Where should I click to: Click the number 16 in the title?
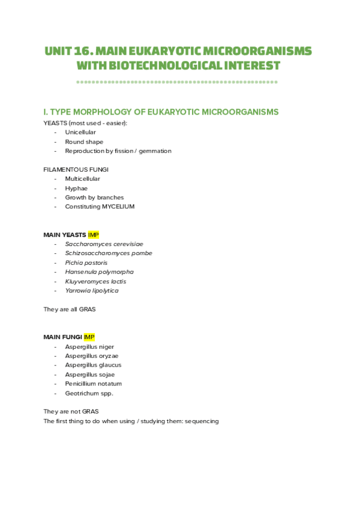(83, 51)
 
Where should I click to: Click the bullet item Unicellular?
(80, 132)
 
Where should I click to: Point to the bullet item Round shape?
(84, 142)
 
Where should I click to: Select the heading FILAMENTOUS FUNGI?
(76, 169)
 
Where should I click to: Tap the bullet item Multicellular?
(82, 179)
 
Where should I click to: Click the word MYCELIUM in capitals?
(118, 206)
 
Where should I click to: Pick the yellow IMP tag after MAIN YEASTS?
(93, 235)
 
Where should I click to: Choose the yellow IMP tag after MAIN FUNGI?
(89, 337)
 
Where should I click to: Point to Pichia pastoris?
(86, 262)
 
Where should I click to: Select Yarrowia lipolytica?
(92, 291)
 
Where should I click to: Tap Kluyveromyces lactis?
(95, 281)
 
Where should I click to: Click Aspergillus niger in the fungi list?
(89, 346)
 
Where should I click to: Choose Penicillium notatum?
(94, 384)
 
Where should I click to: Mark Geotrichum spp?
(89, 393)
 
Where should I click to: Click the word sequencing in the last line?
(202, 421)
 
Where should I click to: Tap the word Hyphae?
(76, 188)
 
